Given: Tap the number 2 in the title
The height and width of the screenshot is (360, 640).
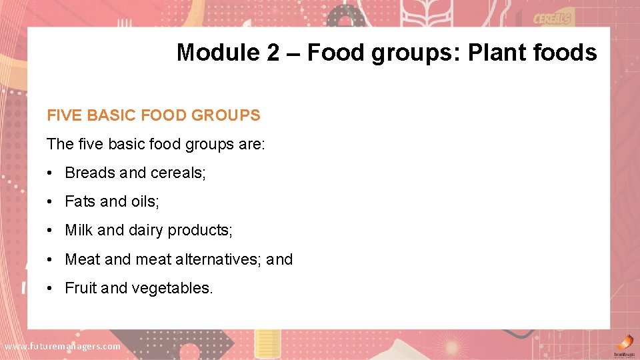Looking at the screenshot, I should pyautogui.click(x=273, y=52).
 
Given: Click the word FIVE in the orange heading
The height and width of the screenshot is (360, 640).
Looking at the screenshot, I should pyautogui.click(x=64, y=115).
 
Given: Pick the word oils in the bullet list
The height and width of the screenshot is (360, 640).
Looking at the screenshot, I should pyautogui.click(x=145, y=201).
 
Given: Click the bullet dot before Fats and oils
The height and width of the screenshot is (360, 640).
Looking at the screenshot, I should pyautogui.click(x=51, y=201).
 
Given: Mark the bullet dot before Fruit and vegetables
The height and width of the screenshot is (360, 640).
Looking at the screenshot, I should pyautogui.click(x=51, y=288).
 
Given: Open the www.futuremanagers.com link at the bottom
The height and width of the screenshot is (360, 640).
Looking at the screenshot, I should pyautogui.click(x=63, y=346).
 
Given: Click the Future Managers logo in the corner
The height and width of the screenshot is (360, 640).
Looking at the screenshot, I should pyautogui.click(x=623, y=344).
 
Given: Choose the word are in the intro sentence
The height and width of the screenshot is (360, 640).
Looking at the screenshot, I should pyautogui.click(x=252, y=144).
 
